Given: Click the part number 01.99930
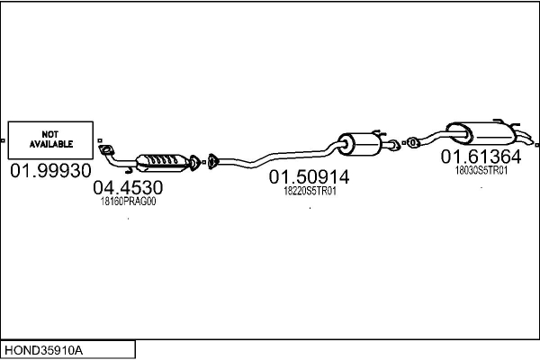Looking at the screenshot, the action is (49, 171).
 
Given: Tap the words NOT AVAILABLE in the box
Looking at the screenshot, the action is (49, 138).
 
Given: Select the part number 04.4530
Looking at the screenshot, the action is (128, 188).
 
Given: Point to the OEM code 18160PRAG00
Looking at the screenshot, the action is (128, 202).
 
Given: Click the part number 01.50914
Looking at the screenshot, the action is (309, 177).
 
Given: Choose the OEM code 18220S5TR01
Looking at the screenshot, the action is (309, 191).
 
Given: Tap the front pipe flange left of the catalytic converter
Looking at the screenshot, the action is (106, 150).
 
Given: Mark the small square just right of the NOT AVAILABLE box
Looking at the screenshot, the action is (97, 140).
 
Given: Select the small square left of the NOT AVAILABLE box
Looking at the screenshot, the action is (4, 140).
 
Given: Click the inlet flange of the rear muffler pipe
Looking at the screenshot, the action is (412, 141).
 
